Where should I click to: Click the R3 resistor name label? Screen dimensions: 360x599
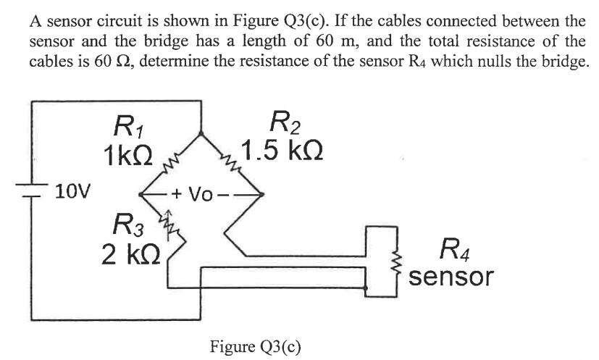click(130, 225)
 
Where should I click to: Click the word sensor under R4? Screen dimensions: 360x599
click(451, 277)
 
